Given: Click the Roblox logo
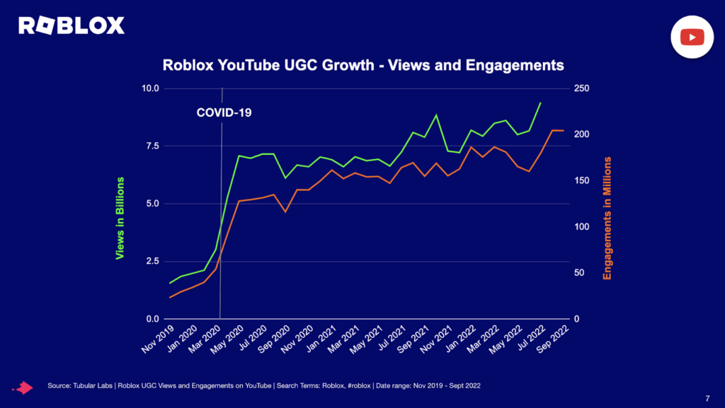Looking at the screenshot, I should point(72,26).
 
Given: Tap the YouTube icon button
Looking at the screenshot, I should point(692,37).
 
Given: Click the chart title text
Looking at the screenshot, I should point(363,65).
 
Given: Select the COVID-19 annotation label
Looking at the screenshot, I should point(224,112).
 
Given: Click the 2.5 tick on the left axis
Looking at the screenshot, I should point(152,262).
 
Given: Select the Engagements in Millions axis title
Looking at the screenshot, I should point(607,218).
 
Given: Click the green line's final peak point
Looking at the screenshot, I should point(540,103).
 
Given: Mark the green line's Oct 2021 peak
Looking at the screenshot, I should point(436,115).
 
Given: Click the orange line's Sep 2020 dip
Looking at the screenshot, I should point(285,211).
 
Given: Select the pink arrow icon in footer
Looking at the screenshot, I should point(25,387).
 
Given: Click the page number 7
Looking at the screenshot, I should point(707,397).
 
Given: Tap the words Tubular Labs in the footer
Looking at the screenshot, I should point(94,385).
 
